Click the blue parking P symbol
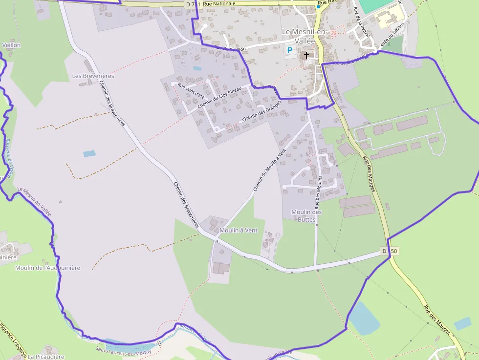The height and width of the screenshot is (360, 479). pyautogui.click(x=289, y=50)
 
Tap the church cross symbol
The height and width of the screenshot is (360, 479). pyautogui.click(x=306, y=55)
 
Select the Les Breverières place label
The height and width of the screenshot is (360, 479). pyautogui.click(x=93, y=76)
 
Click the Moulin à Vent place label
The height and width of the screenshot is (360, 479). pyautogui.click(x=239, y=230)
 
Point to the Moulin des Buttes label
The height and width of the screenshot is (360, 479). pyautogui.click(x=306, y=215)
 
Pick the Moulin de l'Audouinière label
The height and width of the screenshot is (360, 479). pyautogui.click(x=47, y=268)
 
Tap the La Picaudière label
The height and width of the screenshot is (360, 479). pyautogui.click(x=46, y=357)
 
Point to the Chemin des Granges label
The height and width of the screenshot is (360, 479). pyautogui.click(x=261, y=112)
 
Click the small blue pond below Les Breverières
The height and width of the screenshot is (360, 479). pyautogui.click(x=89, y=153)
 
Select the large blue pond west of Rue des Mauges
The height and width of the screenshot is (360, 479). pyautogui.click(x=364, y=318)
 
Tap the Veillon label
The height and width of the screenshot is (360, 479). pyautogui.click(x=11, y=45)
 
